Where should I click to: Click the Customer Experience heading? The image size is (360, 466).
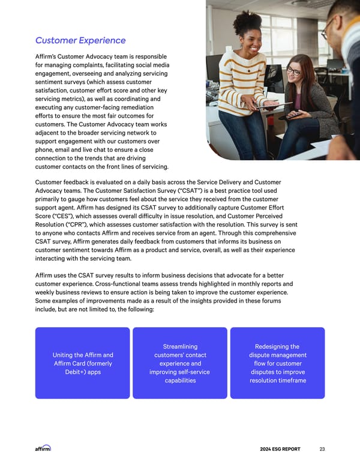pos(80,40)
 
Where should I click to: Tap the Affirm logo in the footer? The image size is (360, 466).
pos(43,448)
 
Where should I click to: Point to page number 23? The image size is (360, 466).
pos(322,449)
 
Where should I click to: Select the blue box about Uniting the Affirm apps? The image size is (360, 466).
pos(82,363)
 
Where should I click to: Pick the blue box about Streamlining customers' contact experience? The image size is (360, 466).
pos(180,363)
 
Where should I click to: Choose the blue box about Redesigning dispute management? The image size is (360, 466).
pos(277,363)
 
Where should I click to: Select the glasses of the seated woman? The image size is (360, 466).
pos(293,71)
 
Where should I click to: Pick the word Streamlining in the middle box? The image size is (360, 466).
pos(180,346)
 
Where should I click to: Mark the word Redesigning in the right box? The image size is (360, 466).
pos(277,346)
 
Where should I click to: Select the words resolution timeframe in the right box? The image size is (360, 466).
pos(277,381)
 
